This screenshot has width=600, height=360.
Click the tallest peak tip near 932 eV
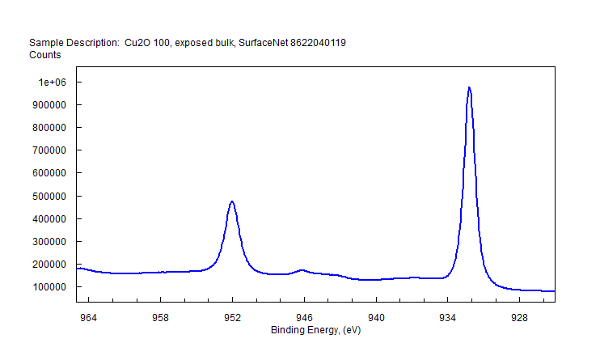469,87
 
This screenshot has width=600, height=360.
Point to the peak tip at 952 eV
232,201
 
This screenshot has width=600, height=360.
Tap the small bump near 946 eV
302,270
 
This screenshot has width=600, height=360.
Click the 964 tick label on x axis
88,317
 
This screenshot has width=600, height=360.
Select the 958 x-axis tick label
160,317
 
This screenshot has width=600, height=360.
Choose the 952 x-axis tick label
232,317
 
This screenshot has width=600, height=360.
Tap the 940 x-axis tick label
376,317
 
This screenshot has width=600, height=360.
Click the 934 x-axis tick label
447,317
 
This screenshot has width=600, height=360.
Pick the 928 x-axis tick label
519,317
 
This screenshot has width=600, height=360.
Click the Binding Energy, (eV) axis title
315,330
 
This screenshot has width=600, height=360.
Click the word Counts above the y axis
45,55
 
